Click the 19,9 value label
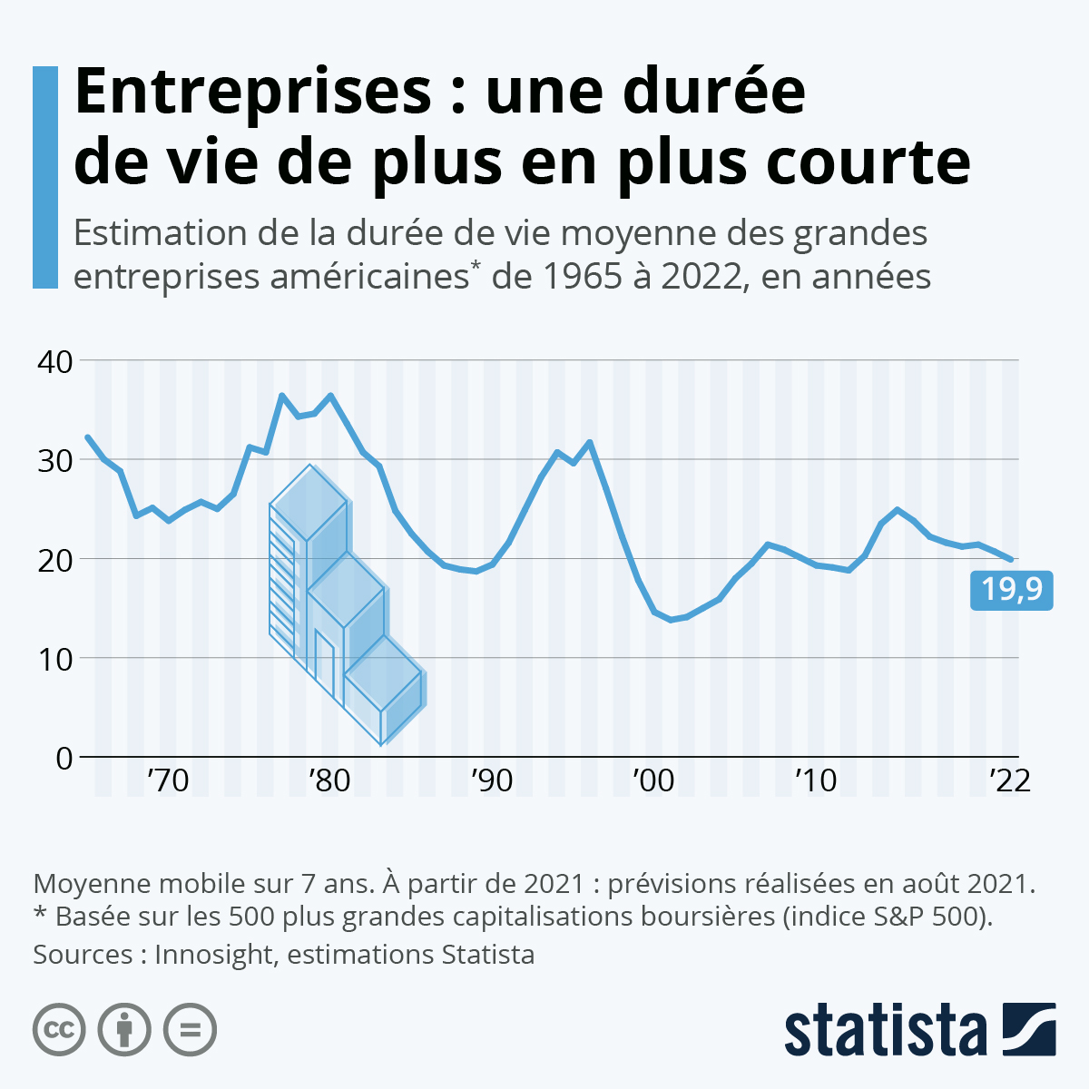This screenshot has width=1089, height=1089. pyautogui.click(x=1011, y=591)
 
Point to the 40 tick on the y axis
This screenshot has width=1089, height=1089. pyautogui.click(x=55, y=361)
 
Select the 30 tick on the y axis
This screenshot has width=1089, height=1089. pyautogui.click(x=55, y=460)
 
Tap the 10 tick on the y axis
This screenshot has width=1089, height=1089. pyautogui.click(x=55, y=658)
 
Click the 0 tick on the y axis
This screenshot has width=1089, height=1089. pyautogui.click(x=64, y=757)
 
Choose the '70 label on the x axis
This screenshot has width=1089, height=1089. pyautogui.click(x=168, y=780)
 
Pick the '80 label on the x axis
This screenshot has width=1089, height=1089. pyautogui.click(x=329, y=780)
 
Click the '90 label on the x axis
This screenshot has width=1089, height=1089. pyautogui.click(x=491, y=780)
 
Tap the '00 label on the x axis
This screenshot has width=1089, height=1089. pyautogui.click(x=653, y=780)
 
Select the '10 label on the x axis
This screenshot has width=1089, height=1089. pyautogui.click(x=815, y=780)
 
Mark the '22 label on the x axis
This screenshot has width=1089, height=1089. pyautogui.click(x=1009, y=780)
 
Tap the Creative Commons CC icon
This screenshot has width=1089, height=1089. pyautogui.click(x=59, y=1030)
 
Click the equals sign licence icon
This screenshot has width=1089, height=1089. pyautogui.click(x=190, y=1030)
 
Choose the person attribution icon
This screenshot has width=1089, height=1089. pyautogui.click(x=124, y=1030)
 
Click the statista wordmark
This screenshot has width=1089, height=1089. pyautogui.click(x=886, y=1030)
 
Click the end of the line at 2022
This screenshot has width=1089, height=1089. pyautogui.click(x=1011, y=559)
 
